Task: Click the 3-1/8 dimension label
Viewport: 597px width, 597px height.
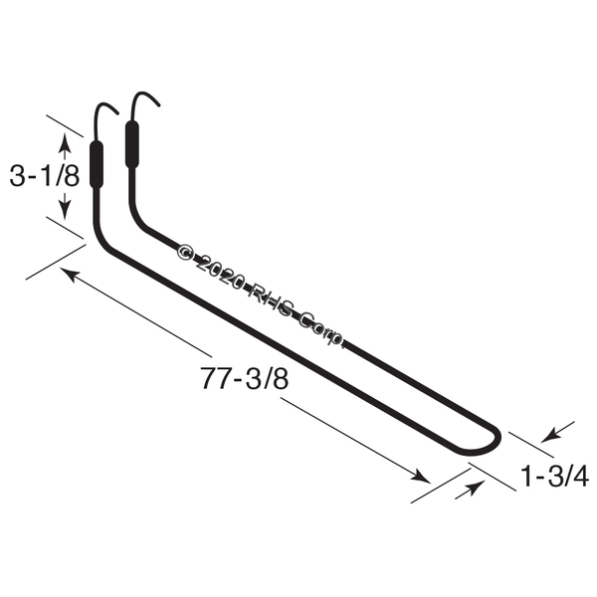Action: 45,177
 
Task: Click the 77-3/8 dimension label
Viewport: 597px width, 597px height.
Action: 245,379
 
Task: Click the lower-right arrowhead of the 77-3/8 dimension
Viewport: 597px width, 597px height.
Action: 421,476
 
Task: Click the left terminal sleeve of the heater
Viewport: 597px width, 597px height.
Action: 97,165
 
